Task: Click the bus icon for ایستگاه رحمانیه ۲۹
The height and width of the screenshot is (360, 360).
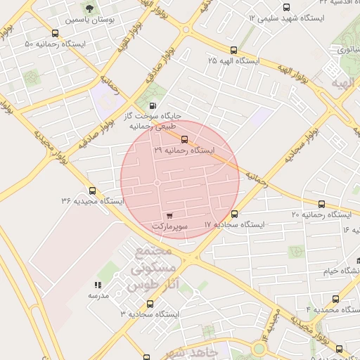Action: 185,139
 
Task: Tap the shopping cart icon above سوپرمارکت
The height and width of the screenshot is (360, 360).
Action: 169,216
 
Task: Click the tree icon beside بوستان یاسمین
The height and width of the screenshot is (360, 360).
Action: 89,9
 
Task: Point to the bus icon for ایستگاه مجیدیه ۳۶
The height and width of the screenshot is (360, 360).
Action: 92,191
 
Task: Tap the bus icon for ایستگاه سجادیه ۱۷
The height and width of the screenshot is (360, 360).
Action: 234,214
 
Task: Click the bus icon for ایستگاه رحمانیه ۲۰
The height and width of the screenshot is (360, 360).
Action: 322,204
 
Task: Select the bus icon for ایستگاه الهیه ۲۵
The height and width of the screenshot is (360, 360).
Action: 234,50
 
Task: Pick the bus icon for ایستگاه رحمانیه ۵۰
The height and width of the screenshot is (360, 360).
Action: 56,33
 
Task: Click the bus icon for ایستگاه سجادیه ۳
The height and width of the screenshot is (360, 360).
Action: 150,304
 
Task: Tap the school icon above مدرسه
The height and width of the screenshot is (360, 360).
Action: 98,285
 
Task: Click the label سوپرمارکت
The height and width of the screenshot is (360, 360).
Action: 170,226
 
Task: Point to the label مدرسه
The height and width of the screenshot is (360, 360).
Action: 98,295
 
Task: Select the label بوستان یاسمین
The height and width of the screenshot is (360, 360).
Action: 89,20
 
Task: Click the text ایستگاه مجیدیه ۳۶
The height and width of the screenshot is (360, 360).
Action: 92,201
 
